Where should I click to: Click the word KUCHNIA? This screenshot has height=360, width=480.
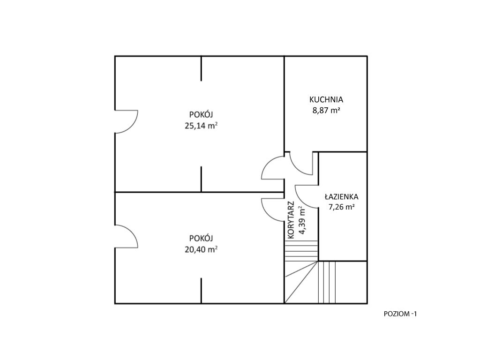click(x=326, y=99)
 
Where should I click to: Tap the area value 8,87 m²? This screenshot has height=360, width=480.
click(x=326, y=111)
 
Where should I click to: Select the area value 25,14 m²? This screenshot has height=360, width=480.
click(x=201, y=126)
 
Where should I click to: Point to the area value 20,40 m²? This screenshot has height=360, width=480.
click(x=201, y=249)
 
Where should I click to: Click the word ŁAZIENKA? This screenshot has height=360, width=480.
click(x=341, y=196)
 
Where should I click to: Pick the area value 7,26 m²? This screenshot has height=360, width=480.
click(x=342, y=207)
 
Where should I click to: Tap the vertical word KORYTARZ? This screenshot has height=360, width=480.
click(x=291, y=220)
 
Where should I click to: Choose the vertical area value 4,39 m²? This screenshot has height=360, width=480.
click(x=302, y=220)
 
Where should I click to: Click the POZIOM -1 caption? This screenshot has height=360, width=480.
click(x=400, y=314)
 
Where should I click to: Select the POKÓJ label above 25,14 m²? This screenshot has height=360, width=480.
click(x=201, y=115)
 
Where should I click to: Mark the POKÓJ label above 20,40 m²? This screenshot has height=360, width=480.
click(x=201, y=238)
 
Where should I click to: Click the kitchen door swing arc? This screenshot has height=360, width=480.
click(x=297, y=169)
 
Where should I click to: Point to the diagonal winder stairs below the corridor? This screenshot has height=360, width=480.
click(x=301, y=282)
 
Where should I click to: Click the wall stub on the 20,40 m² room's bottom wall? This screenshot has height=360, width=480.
click(x=201, y=291)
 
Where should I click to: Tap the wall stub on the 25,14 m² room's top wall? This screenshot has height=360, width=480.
click(x=201, y=68)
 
